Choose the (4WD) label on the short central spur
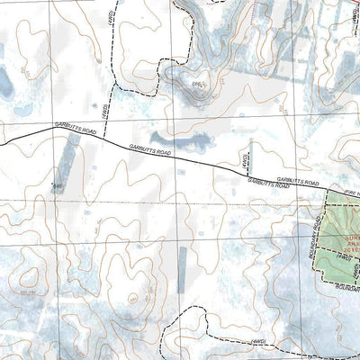[x=243, y=159]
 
